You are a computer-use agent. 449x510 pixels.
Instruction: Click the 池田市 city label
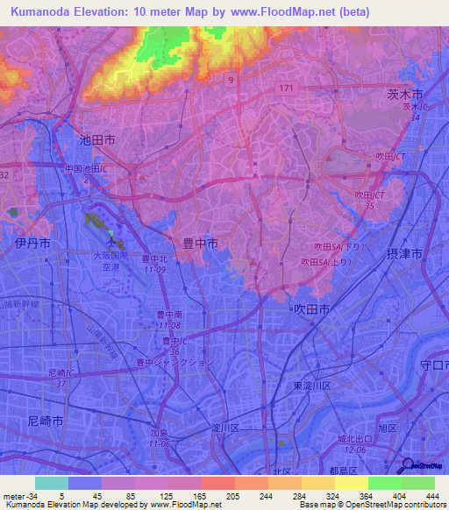pyautogui.click(x=97, y=139)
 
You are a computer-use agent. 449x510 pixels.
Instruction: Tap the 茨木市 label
pyautogui.click(x=405, y=93)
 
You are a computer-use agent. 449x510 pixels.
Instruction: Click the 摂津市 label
pyautogui.click(x=404, y=253)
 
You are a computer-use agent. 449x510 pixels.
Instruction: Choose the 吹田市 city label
pyautogui.click(x=310, y=309)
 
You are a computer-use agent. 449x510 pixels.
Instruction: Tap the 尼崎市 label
pyautogui.click(x=46, y=421)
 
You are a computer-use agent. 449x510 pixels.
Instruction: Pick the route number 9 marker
pyautogui.click(x=231, y=80)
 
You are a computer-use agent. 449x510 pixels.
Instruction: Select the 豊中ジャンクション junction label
pyautogui.click(x=174, y=361)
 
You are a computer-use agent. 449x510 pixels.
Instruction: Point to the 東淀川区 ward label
pyautogui.click(x=311, y=386)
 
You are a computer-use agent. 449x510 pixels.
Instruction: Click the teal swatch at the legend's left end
pyautogui.click(x=51, y=483)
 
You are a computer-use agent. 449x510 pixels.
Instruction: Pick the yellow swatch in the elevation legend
pyautogui.click(x=351, y=483)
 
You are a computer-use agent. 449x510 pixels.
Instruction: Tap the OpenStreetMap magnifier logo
pyautogui.click(x=409, y=466)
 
